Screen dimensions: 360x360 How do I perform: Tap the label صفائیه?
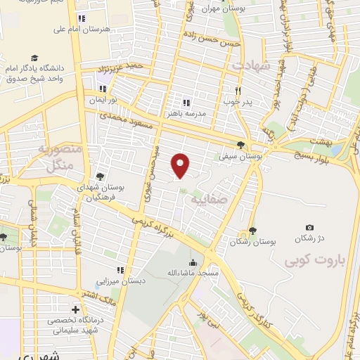click(210, 199)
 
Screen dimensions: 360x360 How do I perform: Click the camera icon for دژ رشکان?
click(310, 228)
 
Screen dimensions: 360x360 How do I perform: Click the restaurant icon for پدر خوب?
click(238, 91)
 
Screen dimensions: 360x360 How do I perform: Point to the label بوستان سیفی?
click(240, 157)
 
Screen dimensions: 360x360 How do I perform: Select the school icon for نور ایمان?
click(104, 89)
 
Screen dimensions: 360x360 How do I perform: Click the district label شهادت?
click(247, 65)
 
